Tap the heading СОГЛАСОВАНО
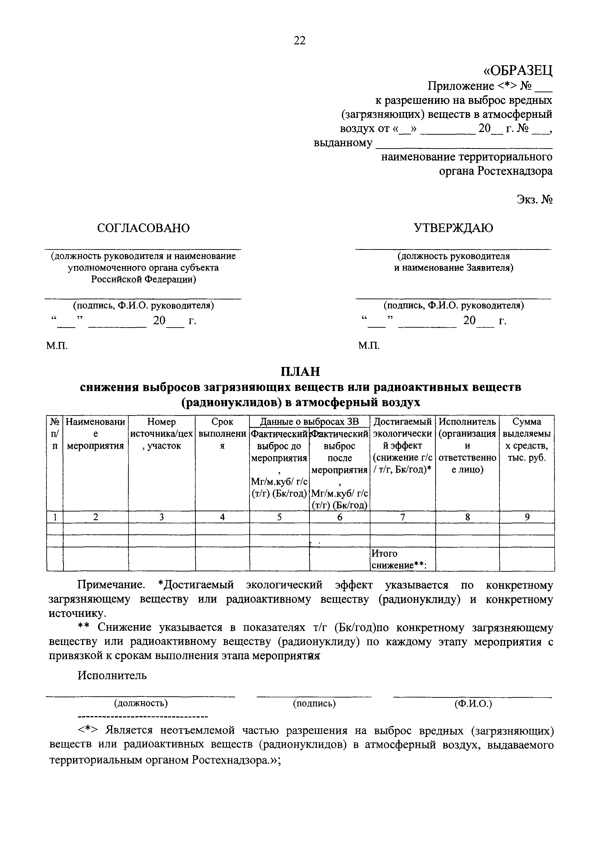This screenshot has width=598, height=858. click(x=143, y=228)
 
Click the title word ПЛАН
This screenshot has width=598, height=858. click(x=300, y=372)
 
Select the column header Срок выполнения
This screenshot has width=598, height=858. click(x=222, y=433)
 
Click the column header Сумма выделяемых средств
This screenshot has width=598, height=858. click(x=527, y=439)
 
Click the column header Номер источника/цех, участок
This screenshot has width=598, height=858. click(x=162, y=433)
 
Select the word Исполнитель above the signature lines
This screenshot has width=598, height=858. click(x=112, y=675)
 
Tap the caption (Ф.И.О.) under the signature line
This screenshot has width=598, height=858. click(x=473, y=704)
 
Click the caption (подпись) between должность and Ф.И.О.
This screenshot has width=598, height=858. click(x=314, y=703)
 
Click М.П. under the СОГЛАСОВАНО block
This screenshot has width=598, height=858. click(x=57, y=346)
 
